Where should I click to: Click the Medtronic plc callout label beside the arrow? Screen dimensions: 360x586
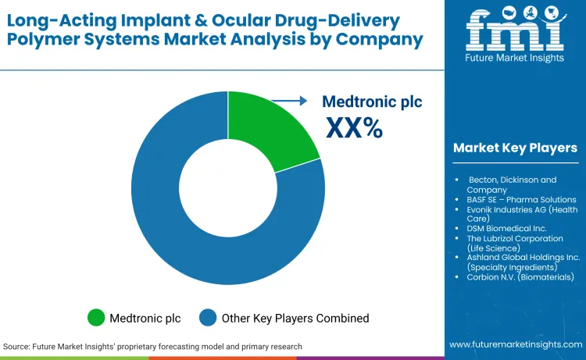click(x=372, y=102)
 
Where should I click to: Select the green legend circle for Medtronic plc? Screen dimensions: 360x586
click(x=96, y=318)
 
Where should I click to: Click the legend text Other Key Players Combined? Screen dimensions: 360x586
click(x=296, y=318)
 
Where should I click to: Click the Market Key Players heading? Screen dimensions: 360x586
click(x=515, y=148)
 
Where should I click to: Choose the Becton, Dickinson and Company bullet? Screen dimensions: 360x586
click(x=512, y=184)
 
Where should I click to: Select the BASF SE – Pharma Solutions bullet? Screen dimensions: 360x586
click(x=521, y=200)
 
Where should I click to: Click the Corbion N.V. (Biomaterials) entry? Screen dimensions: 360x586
click(x=520, y=276)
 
